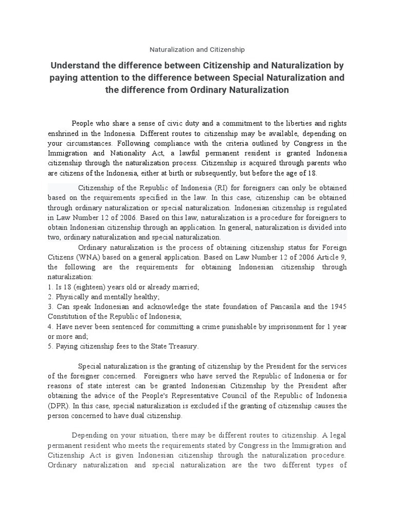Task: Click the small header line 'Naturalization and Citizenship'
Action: tap(197, 50)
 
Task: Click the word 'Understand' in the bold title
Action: tap(79, 66)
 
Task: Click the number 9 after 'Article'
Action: tap(344, 257)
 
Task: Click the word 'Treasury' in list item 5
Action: tap(181, 346)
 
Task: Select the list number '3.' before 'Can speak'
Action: tap(51, 307)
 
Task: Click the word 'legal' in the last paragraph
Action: tap(336, 436)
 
